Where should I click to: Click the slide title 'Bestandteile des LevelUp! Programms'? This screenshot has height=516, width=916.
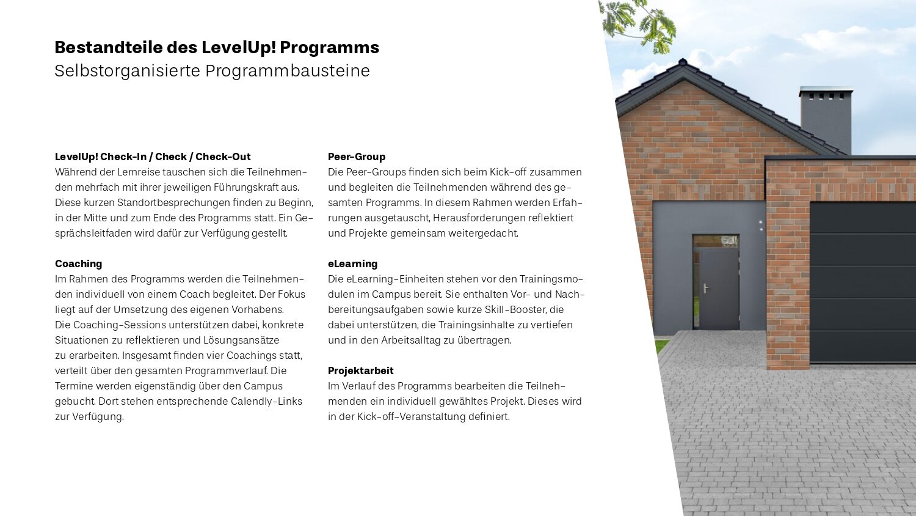[217, 48]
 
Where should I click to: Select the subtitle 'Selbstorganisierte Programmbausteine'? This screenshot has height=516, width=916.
[212, 71]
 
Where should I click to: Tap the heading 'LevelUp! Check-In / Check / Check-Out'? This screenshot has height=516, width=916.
[153, 157]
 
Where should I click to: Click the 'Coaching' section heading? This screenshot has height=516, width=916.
[78, 264]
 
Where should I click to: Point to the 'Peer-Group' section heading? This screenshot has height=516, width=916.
[357, 157]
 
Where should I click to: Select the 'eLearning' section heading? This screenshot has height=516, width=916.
[352, 264]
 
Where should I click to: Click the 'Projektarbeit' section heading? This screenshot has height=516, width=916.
[360, 370]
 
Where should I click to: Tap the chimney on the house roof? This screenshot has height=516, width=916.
[826, 119]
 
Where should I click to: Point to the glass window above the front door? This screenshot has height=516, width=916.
[716, 241]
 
